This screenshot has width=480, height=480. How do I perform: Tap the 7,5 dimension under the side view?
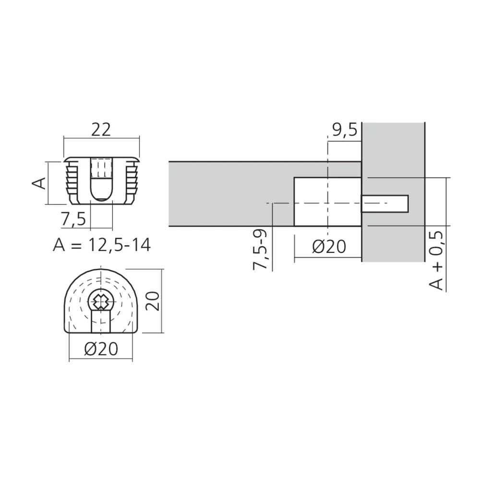click(x=73, y=219)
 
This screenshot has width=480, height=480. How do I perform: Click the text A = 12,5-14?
click(x=102, y=245)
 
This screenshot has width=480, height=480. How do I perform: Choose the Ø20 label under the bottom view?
click(x=101, y=349)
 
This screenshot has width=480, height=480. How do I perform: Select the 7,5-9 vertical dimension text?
click(x=261, y=250)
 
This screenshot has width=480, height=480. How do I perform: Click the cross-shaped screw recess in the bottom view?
click(x=101, y=301)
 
